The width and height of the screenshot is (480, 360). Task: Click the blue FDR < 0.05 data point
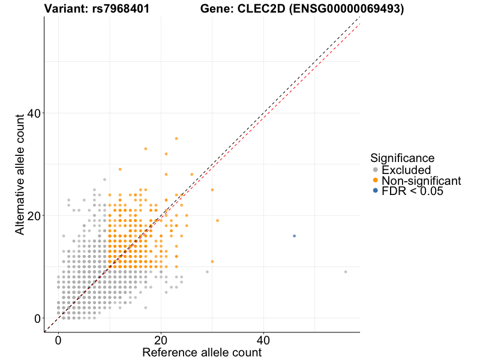(x=294, y=236)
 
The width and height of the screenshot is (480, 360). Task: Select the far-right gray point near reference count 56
(x=346, y=272)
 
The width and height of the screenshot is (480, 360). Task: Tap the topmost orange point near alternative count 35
(x=176, y=139)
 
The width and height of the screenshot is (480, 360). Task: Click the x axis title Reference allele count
(x=202, y=352)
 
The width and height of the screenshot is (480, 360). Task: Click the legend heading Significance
(x=402, y=158)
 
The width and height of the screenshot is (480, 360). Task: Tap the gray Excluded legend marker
(x=376, y=170)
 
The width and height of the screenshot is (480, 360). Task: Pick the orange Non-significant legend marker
(x=376, y=181)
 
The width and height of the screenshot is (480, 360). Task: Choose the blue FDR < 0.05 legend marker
(x=376, y=191)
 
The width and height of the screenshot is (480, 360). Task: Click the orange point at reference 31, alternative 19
(x=217, y=220)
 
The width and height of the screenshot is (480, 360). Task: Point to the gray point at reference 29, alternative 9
(x=207, y=272)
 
